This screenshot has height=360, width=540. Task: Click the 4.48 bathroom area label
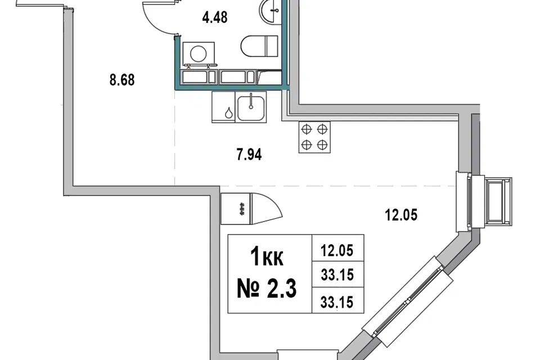pos(215,17)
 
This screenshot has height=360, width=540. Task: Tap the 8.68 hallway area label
pos(122,80)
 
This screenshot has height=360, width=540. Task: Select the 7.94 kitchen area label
pos(249,154)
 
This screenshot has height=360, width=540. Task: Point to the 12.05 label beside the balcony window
pos(401,215)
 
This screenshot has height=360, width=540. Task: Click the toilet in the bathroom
pos(259,46)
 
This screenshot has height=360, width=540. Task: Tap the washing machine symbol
pos(199,53)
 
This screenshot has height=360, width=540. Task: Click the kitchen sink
pos(251,107)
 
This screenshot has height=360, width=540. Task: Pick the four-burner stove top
pos(314,137)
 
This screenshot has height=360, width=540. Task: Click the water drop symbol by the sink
pos(228,112)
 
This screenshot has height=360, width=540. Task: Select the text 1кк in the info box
pos(267,256)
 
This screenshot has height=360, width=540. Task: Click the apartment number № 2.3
pos(267,289)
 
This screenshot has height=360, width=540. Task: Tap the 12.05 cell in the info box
pos(337,250)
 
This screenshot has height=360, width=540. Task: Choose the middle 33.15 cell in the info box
pos(337,275)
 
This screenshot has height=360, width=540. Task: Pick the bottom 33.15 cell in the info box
pos(337,302)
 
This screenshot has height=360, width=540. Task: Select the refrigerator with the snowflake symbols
pos(236,209)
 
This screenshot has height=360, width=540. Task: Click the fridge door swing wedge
pos(267,209)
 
